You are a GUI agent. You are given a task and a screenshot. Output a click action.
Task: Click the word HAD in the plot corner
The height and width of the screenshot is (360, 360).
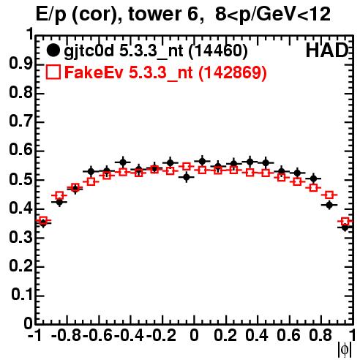pyautogui.click(x=327, y=50)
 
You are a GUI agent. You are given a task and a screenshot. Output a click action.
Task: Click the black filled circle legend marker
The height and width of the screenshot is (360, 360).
pyautogui.click(x=53, y=50)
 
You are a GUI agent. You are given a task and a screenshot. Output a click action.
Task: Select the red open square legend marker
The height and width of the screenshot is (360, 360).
pyautogui.click(x=53, y=72)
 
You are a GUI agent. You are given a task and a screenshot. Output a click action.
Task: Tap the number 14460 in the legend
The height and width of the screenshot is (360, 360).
pyautogui.click(x=218, y=50)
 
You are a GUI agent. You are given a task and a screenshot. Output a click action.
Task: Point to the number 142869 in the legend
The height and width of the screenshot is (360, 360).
pyautogui.click(x=232, y=72)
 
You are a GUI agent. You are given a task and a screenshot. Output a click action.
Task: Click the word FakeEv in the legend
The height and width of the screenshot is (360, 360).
pyautogui.click(x=94, y=72)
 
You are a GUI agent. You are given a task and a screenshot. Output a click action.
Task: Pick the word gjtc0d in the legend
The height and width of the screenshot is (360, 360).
pyautogui.click(x=89, y=52)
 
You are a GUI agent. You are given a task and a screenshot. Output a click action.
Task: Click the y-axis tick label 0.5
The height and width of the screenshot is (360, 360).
pyautogui.click(x=20, y=180)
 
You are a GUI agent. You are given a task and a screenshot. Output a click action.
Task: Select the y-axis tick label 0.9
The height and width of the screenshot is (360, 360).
pyautogui.click(x=20, y=64)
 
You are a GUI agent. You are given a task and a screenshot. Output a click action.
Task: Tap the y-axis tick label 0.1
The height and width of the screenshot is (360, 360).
pyautogui.click(x=21, y=295)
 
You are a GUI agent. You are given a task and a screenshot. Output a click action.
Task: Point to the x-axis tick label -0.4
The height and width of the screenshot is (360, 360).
pyautogui.click(x=129, y=335)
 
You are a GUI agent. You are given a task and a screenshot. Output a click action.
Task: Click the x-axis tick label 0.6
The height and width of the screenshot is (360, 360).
pyautogui.click(x=288, y=335)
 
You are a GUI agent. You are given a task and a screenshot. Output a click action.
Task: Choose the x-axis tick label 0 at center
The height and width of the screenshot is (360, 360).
pyautogui.click(x=194, y=335)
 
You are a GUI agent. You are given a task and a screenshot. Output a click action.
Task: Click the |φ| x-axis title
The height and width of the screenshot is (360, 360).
pyautogui.click(x=345, y=350)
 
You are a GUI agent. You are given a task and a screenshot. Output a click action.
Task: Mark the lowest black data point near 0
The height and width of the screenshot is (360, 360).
pyautogui.click(x=187, y=177)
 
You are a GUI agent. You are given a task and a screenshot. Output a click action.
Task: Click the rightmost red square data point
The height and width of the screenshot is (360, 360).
pyautogui.click(x=345, y=222)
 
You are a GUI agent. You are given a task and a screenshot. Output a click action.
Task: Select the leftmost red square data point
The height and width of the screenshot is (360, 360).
pyautogui.click(x=43, y=221)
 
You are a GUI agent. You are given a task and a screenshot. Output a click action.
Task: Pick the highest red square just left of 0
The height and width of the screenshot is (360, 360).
pyautogui.click(x=187, y=167)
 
